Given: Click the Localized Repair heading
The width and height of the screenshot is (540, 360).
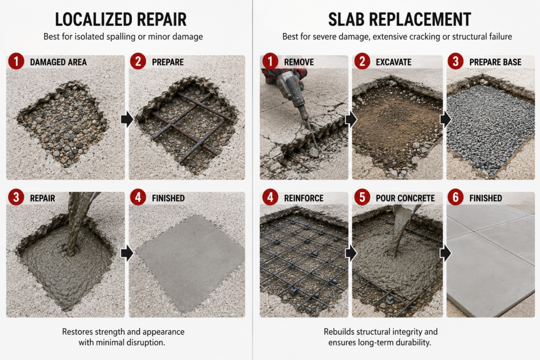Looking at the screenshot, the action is pos(121,20).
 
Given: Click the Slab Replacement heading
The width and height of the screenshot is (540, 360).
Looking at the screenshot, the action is pos(400,20).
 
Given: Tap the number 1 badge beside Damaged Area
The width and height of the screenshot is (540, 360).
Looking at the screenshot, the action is pos(16,62).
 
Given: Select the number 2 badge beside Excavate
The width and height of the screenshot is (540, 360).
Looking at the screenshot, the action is pos(362,62).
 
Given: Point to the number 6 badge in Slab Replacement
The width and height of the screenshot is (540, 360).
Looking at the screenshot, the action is pos(456,198).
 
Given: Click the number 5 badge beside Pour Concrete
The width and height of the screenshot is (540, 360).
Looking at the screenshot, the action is pos(362,198).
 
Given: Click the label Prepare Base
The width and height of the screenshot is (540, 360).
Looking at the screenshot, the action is pos(495,62).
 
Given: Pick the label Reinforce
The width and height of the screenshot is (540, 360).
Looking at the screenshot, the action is pos(304,198).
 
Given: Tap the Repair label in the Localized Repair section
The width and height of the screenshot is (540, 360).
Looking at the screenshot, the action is pos(42,198).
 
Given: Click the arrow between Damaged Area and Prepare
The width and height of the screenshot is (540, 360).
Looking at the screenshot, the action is pos(127,120).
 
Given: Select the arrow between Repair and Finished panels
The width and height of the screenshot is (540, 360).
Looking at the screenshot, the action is pos(127,254).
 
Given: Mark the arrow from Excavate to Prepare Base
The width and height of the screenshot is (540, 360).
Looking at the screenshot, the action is pos(445,120).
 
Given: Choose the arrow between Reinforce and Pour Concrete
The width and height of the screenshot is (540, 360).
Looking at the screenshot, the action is pos(351,254).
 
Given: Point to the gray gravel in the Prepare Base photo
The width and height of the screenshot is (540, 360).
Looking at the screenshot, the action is pos(491,128).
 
